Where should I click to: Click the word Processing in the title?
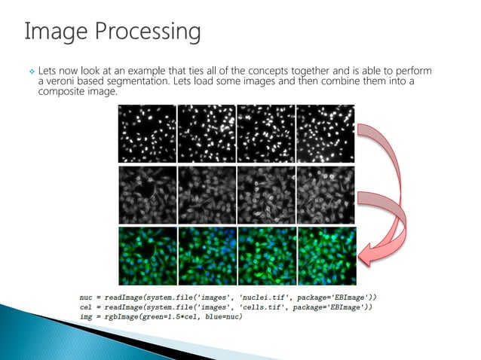pyautogui.click(x=148, y=32)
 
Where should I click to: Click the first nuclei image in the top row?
pyautogui.click(x=147, y=133)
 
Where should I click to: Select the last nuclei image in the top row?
pyautogui.click(x=325, y=133)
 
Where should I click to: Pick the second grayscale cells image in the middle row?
pyautogui.click(x=207, y=194)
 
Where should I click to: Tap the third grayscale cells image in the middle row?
pyautogui.click(x=265, y=194)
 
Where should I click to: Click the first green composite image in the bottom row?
pyautogui.click(x=147, y=255)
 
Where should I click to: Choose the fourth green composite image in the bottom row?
pyautogui.click(x=326, y=255)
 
